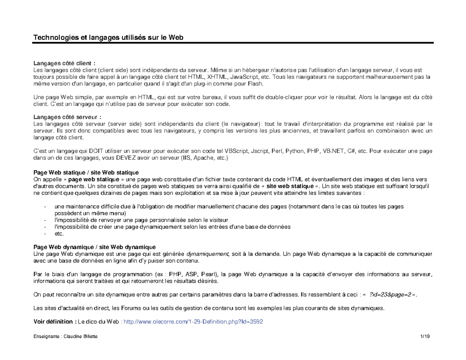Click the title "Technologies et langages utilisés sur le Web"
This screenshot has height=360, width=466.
pyautogui.click(x=108, y=37)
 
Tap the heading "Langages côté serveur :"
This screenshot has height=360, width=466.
pyautogui.click(x=67, y=117)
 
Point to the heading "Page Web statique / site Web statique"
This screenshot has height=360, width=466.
pyautogui.click(x=86, y=172)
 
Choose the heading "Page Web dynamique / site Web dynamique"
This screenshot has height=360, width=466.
pyautogui.click(x=94, y=247)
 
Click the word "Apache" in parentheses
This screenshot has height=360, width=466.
pyautogui.click(x=204, y=158)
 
